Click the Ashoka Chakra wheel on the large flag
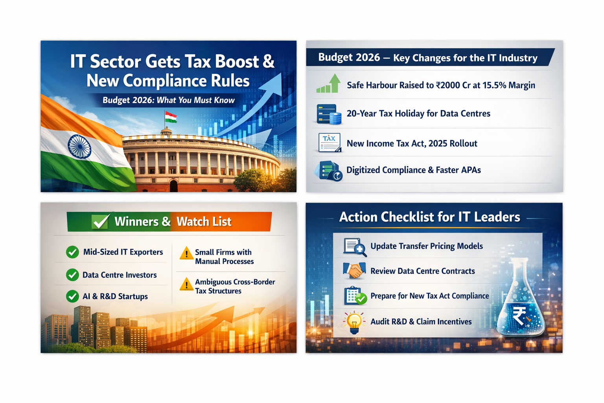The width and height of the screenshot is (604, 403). click(79, 147)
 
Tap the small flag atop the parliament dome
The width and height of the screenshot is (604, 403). click(171, 117)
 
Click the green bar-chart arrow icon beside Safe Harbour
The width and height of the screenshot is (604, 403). click(328, 83)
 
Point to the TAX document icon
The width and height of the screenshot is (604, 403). click(329, 142)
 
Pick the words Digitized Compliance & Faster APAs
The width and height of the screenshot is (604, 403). click(413, 170)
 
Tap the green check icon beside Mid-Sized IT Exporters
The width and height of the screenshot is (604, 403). click(72, 252)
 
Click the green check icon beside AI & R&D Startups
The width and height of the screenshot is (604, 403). click(72, 296)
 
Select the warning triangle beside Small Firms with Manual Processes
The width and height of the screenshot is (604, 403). click(186, 253)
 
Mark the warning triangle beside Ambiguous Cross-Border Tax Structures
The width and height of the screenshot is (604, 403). click(186, 284)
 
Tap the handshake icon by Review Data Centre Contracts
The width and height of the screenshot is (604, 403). click(354, 270)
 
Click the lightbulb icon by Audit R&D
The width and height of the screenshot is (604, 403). click(354, 322)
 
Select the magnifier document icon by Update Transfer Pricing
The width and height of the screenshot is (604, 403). click(355, 247)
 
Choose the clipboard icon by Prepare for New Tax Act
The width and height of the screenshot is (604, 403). click(355, 296)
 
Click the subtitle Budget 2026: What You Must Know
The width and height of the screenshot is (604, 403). click(169, 100)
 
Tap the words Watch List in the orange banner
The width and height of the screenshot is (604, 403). click(204, 222)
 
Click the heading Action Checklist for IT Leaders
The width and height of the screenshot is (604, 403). click(429, 217)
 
